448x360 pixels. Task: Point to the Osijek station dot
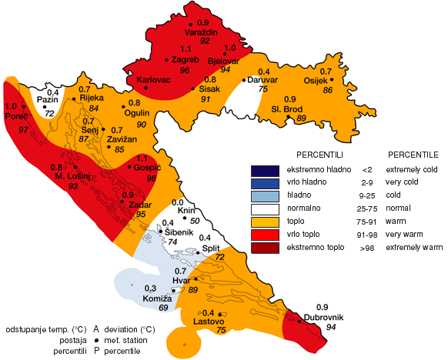coord(332,79)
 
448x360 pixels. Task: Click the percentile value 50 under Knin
coord(185,221)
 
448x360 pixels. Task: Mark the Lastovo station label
coord(208,321)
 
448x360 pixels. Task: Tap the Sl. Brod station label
coord(289,108)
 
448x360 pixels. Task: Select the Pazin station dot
coord(45,107)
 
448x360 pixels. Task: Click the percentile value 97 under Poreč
coord(23,131)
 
